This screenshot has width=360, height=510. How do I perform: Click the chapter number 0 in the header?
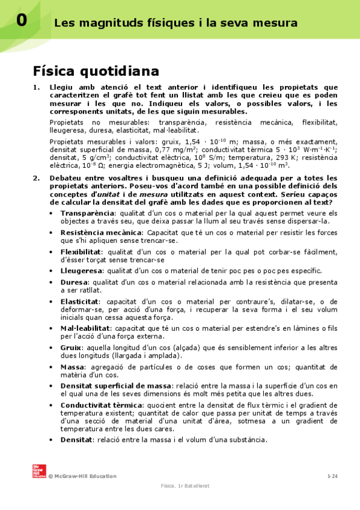coord(21,20)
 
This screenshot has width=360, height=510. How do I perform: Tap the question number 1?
coord(35,88)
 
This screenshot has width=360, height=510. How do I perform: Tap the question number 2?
coord(35,178)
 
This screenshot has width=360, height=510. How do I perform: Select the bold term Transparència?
coord(87,214)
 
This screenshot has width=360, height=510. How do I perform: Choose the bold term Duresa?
coord(74,281)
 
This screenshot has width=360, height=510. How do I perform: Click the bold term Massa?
coord(73,367)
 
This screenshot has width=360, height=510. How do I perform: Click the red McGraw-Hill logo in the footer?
coord(39,471)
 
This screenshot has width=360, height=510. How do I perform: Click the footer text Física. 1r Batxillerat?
coord(185,485)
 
